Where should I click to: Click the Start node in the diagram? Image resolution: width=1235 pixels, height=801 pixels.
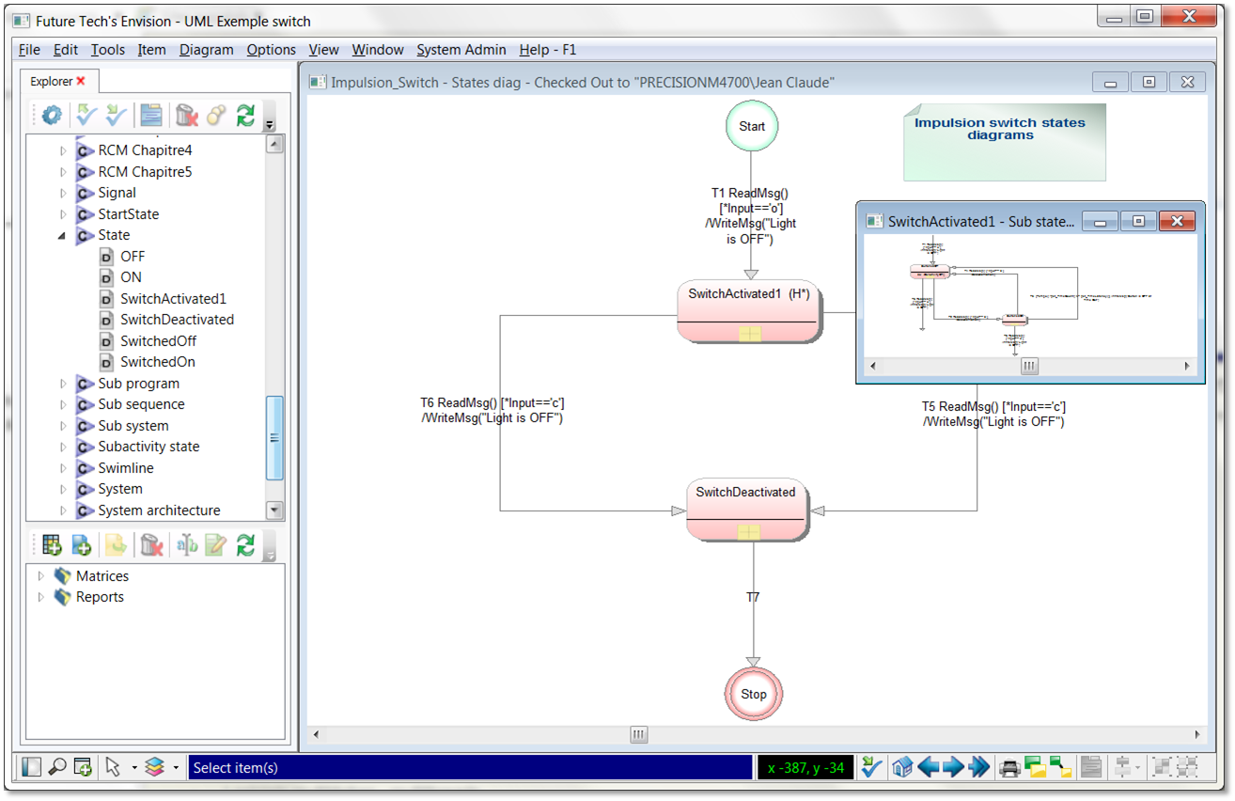coord(752,126)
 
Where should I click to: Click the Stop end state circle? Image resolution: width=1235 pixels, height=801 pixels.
coord(753,694)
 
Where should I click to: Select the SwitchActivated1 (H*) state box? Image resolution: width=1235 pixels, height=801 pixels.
coord(748,311)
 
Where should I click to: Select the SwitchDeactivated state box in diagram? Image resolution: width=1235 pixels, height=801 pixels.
coord(746,510)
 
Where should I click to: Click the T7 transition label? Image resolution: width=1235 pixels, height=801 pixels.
coord(753,597)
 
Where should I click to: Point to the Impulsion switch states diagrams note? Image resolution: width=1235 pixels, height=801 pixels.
coord(1003,141)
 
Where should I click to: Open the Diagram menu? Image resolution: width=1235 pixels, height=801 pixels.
coord(206,50)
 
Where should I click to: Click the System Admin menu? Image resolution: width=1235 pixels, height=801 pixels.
coord(461,50)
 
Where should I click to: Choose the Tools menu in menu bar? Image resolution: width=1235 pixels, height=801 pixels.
coord(107,50)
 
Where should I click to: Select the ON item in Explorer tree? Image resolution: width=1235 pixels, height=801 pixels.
coord(131,277)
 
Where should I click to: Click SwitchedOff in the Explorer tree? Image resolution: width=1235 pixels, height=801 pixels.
coord(157,341)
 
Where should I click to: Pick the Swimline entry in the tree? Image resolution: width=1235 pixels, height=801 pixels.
coord(125,468)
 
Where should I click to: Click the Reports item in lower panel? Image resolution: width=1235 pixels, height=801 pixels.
coord(100,597)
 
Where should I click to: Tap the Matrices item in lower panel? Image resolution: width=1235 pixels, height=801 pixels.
coord(102,576)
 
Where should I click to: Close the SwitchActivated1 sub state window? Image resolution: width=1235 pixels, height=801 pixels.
coord(1176,221)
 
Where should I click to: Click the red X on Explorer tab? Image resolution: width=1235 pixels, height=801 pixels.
coord(81,82)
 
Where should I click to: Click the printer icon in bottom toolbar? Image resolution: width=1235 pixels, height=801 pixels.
coord(1009,767)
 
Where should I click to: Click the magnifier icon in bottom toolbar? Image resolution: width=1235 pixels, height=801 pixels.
coord(57,767)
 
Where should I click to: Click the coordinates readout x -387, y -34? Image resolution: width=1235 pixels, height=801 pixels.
coord(805,768)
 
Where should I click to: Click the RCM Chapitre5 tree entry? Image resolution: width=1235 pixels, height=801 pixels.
coord(145,172)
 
